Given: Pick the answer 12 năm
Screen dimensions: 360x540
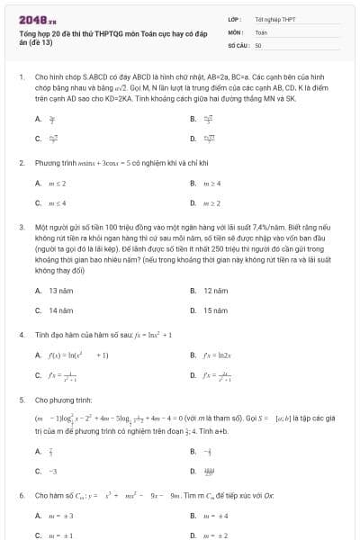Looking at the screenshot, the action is click(x=214, y=291).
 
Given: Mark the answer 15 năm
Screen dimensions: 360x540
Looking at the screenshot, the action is click(x=214, y=310).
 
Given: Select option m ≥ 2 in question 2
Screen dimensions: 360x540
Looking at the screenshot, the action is click(x=212, y=203).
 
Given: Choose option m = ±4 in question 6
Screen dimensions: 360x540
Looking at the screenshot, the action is click(x=216, y=516).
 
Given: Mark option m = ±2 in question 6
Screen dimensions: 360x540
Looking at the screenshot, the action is click(x=216, y=535).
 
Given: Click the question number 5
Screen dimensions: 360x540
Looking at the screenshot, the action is click(x=21, y=398).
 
